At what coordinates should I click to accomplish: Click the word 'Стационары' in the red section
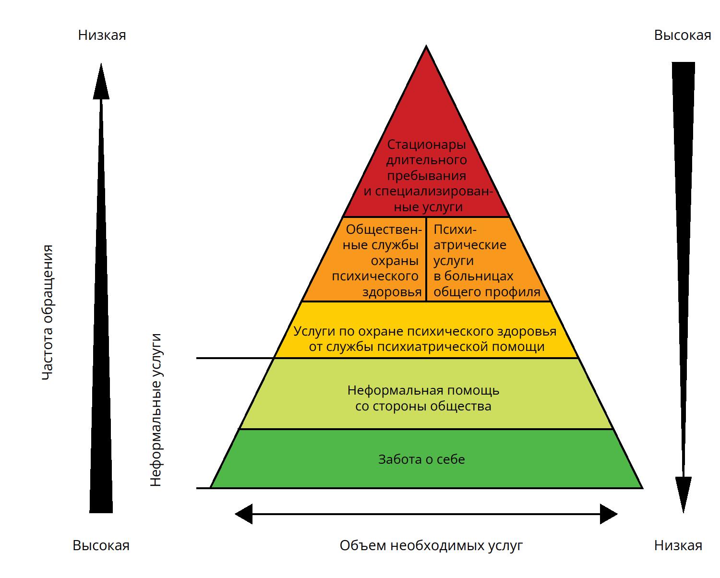427,144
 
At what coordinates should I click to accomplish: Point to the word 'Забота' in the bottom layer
398,459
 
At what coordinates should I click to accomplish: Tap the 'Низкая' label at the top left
102,35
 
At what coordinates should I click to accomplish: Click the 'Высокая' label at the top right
682,35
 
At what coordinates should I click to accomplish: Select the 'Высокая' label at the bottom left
101,545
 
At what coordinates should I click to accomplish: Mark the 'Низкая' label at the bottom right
678,545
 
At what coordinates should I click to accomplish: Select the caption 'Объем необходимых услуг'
431,545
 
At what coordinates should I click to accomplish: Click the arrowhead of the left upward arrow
101,82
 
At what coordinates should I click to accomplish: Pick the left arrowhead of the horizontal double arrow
244,514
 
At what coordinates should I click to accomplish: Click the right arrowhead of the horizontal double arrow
608,514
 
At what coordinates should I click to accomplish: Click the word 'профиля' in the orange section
517,292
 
